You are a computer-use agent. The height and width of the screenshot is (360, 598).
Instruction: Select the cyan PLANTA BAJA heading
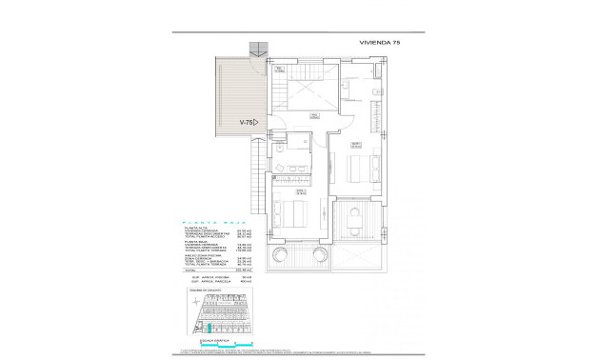[x=201, y=224]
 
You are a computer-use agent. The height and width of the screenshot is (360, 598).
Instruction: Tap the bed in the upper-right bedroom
[x=357, y=170]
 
